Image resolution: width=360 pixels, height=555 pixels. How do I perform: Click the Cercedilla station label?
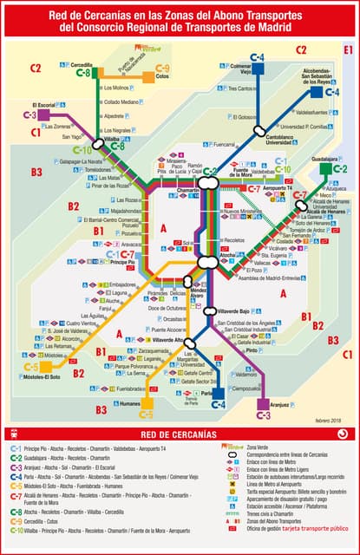pyautogui.click(x=82, y=65)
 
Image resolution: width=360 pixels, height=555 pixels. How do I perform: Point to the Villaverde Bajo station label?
pyautogui.click(x=232, y=310)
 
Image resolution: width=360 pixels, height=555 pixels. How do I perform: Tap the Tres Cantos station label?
pyautogui.click(x=245, y=88)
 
